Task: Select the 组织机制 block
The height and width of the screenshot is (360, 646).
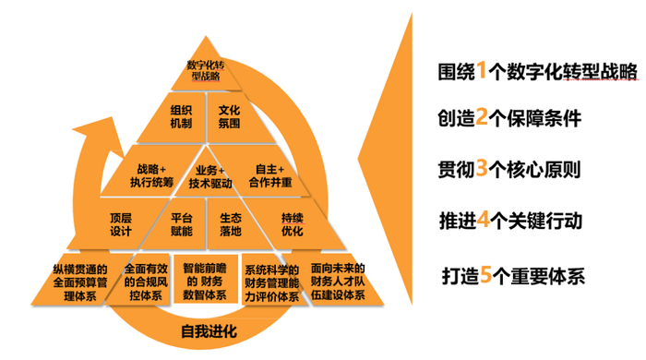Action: [181, 116]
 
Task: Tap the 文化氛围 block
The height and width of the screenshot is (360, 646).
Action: [229, 116]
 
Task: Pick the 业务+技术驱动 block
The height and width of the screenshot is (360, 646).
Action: [206, 175]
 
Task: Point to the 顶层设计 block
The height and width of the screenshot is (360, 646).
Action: [121, 224]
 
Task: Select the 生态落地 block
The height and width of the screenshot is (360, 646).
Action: [230, 224]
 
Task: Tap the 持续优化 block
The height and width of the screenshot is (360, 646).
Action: [292, 224]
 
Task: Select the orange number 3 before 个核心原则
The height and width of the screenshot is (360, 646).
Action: [482, 171]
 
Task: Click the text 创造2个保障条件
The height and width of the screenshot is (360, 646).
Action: [510, 120]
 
